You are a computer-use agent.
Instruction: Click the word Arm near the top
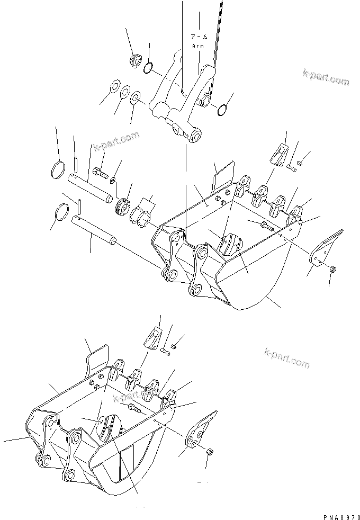[x=197, y=46]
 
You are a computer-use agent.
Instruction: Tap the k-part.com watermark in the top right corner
[x=326, y=77]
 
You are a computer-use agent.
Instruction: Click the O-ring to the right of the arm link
[x=222, y=110]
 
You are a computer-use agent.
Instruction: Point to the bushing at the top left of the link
[x=135, y=60]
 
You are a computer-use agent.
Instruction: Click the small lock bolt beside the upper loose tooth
[x=292, y=167]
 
